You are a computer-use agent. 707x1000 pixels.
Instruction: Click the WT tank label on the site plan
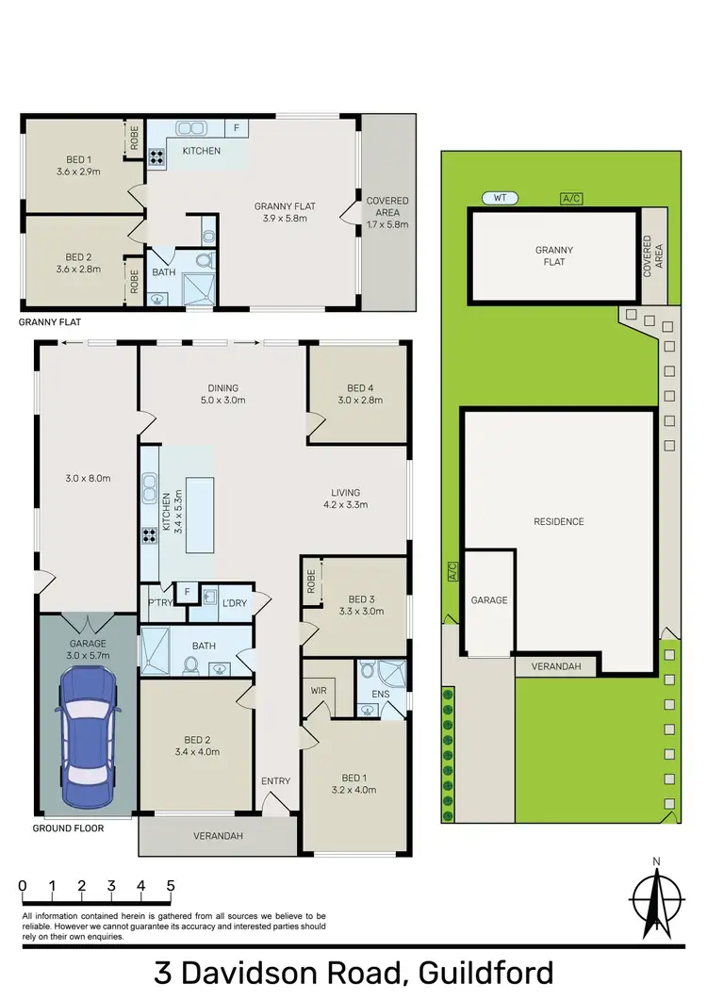[500, 198]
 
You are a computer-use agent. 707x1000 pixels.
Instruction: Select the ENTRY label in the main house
[276, 780]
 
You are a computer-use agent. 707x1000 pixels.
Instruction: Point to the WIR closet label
[318, 690]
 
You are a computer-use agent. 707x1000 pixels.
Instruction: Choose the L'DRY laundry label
[234, 600]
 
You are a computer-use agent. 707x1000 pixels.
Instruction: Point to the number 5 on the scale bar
[171, 886]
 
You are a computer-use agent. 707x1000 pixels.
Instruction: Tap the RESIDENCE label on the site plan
[558, 521]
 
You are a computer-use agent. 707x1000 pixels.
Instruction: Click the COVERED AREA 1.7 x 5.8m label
[387, 207]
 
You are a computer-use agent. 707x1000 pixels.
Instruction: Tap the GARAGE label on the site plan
[489, 599]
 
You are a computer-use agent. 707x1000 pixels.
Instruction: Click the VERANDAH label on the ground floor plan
[215, 835]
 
